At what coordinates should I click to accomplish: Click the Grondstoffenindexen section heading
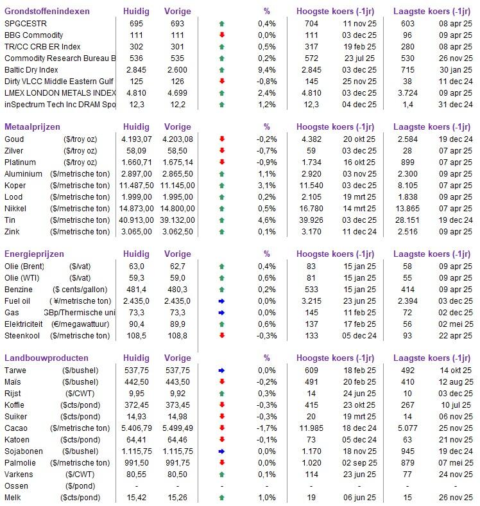click(x=47, y=12)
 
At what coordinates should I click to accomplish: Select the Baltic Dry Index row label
click(x=31, y=69)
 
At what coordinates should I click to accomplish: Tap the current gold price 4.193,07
click(x=136, y=139)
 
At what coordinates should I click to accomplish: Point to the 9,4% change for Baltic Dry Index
click(x=267, y=69)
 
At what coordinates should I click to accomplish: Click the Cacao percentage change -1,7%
click(x=267, y=428)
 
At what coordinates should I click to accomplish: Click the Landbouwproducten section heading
click(x=46, y=358)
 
